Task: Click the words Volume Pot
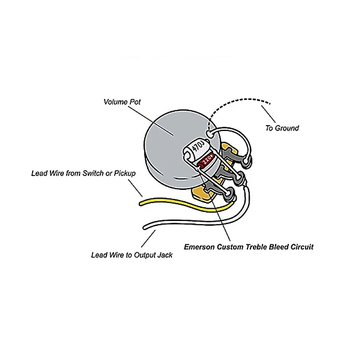tap(122, 102)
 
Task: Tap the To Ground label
tap(282, 128)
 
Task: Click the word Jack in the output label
tap(164, 255)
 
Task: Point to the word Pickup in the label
tap(125, 173)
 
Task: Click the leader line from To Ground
tap(267, 113)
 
